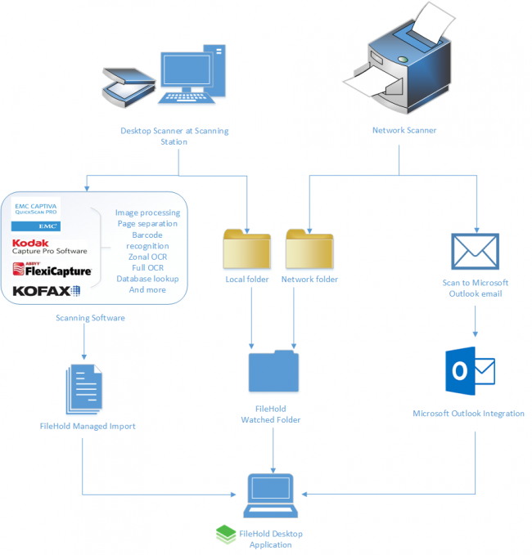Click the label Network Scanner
(x=404, y=130)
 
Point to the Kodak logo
(x=31, y=243)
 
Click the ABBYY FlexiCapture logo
(x=52, y=270)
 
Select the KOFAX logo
(x=47, y=290)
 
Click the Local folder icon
(x=246, y=249)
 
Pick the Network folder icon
(x=309, y=249)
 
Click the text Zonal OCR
(x=147, y=257)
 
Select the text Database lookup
(x=147, y=279)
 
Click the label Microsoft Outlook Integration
(x=468, y=414)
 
